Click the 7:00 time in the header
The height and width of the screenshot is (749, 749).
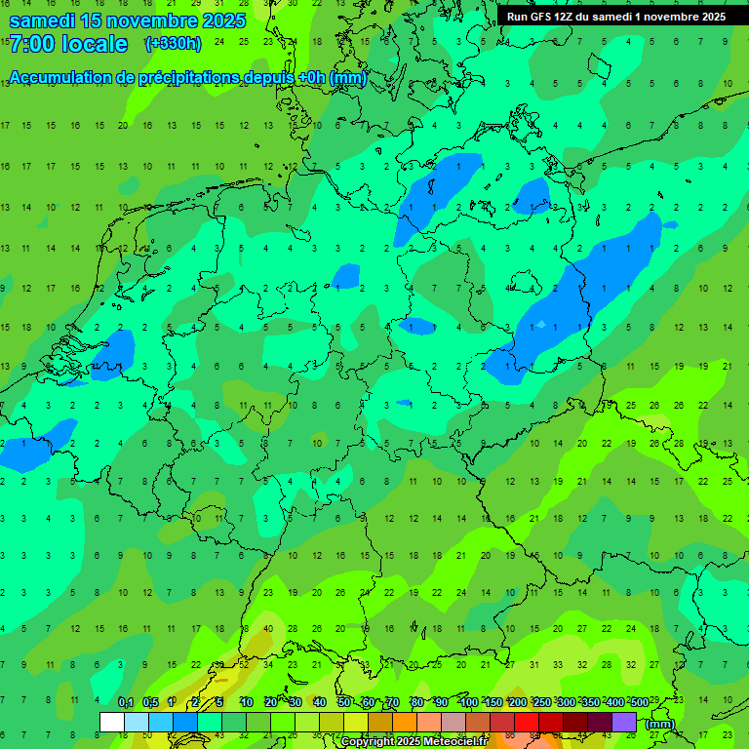point(31,44)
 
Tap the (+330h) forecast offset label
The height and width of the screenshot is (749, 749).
point(173,44)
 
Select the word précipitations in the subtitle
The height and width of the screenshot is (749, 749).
point(177,78)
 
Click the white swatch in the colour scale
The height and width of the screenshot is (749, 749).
point(112,722)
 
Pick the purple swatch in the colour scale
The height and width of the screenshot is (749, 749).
point(624,722)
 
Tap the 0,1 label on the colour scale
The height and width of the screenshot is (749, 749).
point(126,702)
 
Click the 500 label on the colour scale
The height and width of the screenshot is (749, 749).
point(639,702)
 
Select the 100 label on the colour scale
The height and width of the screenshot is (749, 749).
point(469,702)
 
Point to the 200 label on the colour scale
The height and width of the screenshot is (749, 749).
point(518,702)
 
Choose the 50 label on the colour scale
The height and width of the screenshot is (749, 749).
point(344,702)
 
